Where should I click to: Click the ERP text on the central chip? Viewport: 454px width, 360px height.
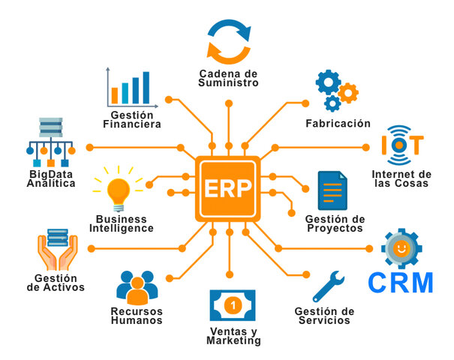pos(227,187)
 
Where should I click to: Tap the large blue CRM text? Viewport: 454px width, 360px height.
pos(401,283)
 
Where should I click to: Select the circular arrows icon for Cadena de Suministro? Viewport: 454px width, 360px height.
pos(229,41)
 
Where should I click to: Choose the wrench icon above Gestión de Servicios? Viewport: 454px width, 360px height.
pos(327,285)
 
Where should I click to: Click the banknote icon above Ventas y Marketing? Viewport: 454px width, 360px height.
pos(233,306)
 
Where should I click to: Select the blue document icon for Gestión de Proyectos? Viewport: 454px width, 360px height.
pos(331,190)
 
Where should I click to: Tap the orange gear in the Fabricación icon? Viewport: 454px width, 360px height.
pos(348,93)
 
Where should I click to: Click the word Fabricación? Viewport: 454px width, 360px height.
pos(338,123)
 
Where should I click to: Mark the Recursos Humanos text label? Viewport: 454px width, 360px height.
pos(136,316)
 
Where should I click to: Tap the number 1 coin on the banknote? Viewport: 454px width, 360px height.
pos(233,306)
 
